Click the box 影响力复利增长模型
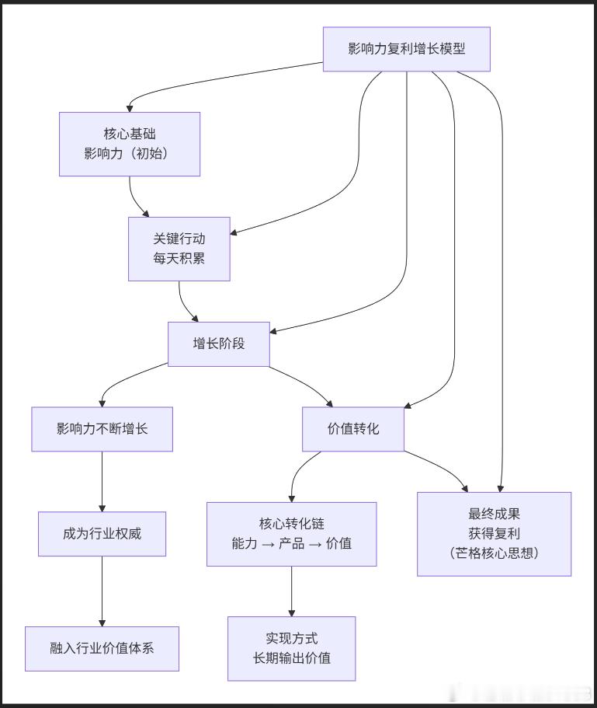[407, 49]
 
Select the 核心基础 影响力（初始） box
[130, 144]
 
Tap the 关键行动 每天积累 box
[179, 249]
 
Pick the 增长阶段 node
[219, 344]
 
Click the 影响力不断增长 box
[102, 428]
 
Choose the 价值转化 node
[353, 428]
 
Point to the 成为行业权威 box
[102, 534]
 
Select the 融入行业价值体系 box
[102, 648]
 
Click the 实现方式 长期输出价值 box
[292, 648]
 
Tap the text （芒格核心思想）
[494, 553]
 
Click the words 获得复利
[494, 534]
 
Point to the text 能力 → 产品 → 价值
[292, 543]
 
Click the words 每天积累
[179, 259]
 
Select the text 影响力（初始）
[130, 153]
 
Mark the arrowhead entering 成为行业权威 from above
[102, 507]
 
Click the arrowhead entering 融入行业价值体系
[102, 622]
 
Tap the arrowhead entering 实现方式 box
[292, 612]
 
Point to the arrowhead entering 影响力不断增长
[102, 402]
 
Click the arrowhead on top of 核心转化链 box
[292, 497]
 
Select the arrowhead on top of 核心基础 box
[130, 108]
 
